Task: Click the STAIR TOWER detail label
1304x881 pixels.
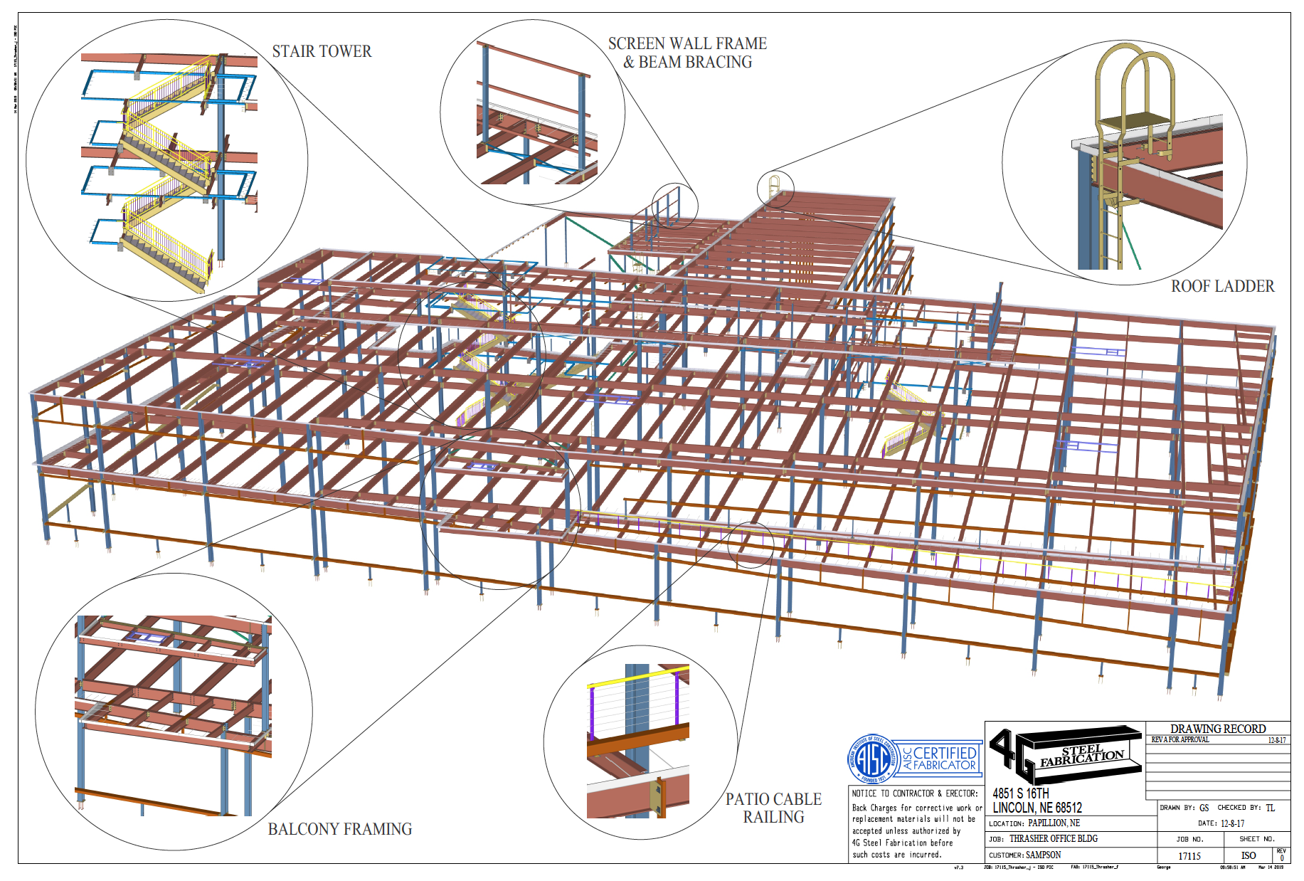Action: [x=322, y=51]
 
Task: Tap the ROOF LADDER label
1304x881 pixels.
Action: [x=1222, y=286]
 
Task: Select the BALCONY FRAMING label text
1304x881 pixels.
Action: [x=339, y=829]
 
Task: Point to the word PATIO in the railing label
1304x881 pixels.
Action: [x=746, y=799]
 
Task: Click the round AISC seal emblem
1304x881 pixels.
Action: [x=872, y=759]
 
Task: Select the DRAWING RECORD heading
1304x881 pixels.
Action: [x=1218, y=729]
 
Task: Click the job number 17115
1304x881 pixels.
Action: [x=1189, y=856]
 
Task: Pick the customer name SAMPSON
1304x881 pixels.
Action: [x=1043, y=855]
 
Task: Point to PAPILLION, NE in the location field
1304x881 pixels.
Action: [x=1054, y=823]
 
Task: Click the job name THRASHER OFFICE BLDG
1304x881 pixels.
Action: [x=1053, y=839]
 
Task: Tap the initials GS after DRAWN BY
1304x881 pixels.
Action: [x=1204, y=808]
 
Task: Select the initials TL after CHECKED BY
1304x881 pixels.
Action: [x=1270, y=808]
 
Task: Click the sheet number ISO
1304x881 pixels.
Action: [x=1249, y=856]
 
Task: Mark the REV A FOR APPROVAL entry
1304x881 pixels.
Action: [x=1180, y=740]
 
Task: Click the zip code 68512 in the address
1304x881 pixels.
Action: [x=1069, y=808]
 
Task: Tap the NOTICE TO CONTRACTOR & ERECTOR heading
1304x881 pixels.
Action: [x=915, y=793]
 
